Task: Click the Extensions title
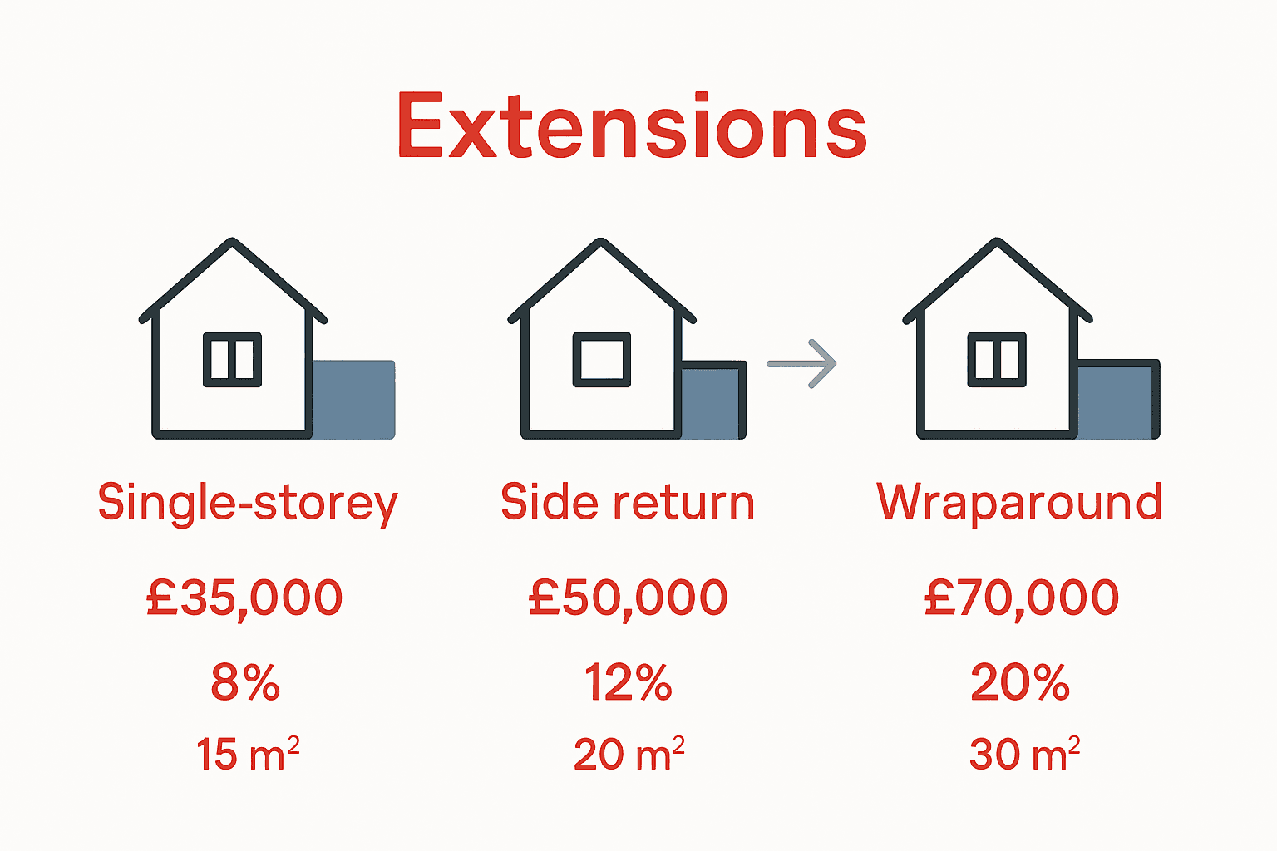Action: pyautogui.click(x=632, y=126)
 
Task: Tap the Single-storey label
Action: pyautogui.click(x=248, y=504)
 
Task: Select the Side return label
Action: pyautogui.click(x=627, y=503)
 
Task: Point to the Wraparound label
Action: pyautogui.click(x=1019, y=503)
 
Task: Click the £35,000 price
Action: pyautogui.click(x=244, y=598)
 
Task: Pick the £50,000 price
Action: pyautogui.click(x=628, y=598)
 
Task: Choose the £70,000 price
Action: pyautogui.click(x=1022, y=598)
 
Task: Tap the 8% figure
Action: pyautogui.click(x=245, y=683)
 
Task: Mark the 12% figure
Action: pyautogui.click(x=628, y=683)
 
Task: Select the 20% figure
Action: pyautogui.click(x=1020, y=683)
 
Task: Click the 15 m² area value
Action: pyautogui.click(x=247, y=754)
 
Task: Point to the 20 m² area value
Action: pyautogui.click(x=629, y=754)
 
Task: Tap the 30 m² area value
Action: pyautogui.click(x=1024, y=754)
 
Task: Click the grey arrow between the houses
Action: pyautogui.click(x=801, y=364)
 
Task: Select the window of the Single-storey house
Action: pyautogui.click(x=233, y=360)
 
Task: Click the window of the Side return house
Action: pyautogui.click(x=601, y=360)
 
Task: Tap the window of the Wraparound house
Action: pyautogui.click(x=997, y=360)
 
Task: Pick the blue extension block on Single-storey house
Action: pyautogui.click(x=353, y=399)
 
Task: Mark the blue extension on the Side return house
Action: pyautogui.click(x=712, y=401)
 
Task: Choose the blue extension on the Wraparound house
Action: pyautogui.click(x=1117, y=401)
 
